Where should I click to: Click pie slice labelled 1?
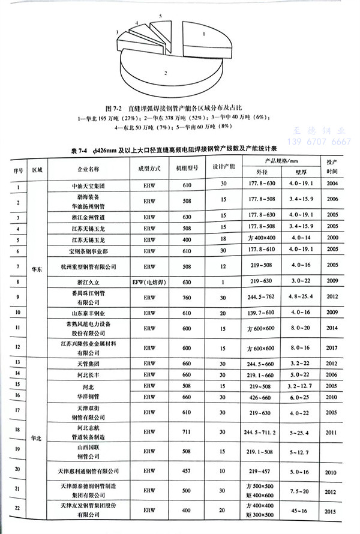pos(203,36)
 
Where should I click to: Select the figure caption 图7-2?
pos(180,109)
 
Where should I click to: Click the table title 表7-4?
pos(180,149)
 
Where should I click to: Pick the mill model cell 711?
pos(187,431)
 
